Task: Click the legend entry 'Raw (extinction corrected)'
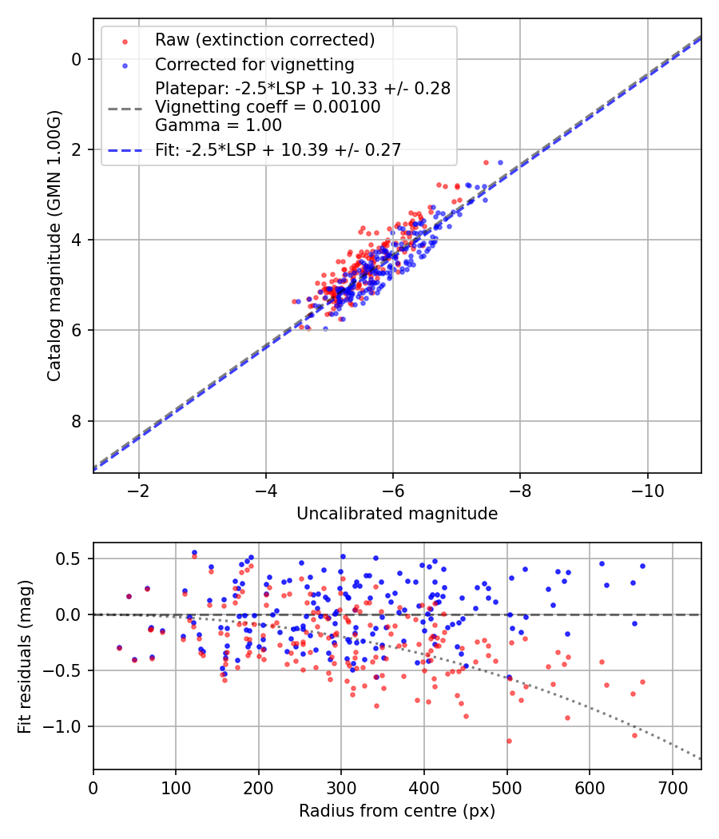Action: pos(265,40)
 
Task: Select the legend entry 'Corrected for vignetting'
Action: pos(255,64)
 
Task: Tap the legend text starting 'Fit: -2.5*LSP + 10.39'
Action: pos(278,149)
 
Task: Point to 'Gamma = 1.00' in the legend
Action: pos(218,125)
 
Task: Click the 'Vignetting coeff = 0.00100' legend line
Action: pos(268,107)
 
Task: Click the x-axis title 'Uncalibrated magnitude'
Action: pos(397,514)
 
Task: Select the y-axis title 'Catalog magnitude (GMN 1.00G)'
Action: pos(54,245)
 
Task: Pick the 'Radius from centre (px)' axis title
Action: pos(397,811)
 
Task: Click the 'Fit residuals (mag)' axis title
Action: pos(25,656)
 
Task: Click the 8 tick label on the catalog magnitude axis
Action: pos(77,421)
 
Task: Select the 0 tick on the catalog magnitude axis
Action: pos(77,59)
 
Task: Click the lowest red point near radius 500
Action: pos(508,741)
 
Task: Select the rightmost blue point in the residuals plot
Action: pos(642,566)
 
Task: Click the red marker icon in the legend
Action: pos(125,40)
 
